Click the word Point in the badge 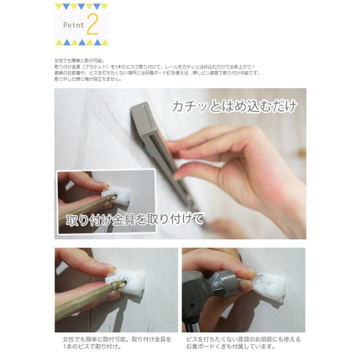point(74,25)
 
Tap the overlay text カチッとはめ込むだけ point(234,106)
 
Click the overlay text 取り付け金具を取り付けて point(135,220)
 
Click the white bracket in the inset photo point(118,195)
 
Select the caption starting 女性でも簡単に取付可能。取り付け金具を point(117,343)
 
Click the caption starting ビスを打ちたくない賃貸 point(243,343)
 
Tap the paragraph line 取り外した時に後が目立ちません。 point(88,79)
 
